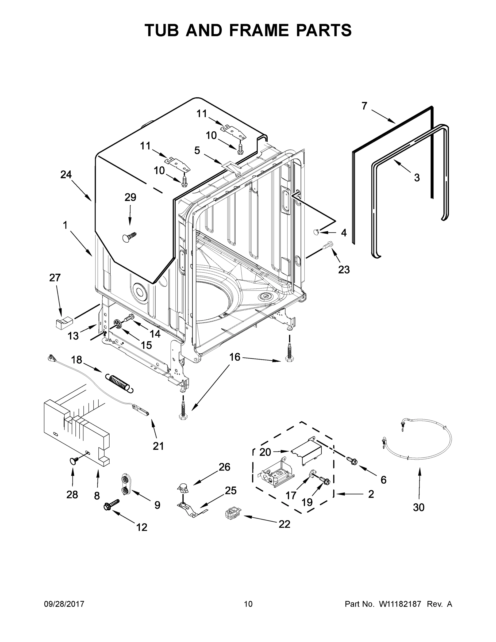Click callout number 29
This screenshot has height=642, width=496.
130,197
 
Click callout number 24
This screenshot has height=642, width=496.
66,175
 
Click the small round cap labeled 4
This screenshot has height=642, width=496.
316,232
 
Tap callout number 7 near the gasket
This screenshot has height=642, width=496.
364,106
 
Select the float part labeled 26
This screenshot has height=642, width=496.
183,488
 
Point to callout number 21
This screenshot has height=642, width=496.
158,446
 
